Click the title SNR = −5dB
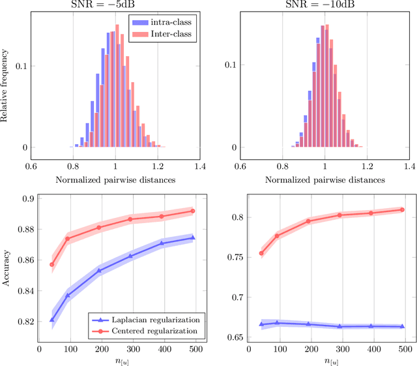click(115, 5)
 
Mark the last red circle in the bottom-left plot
click(192, 211)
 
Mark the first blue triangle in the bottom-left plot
click(52, 320)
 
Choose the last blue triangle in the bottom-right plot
click(402, 326)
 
